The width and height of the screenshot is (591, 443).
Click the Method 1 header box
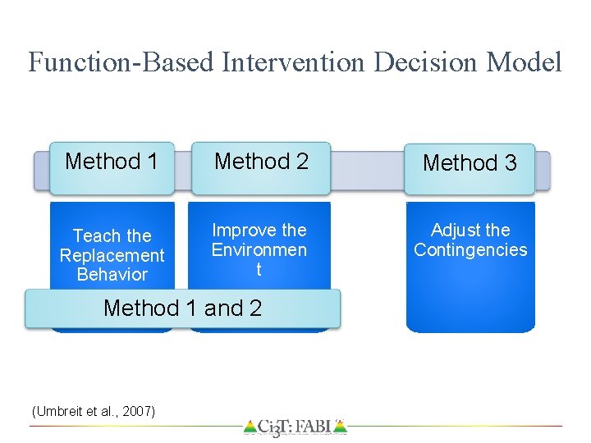(x=112, y=162)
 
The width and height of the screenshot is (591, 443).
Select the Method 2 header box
(x=261, y=162)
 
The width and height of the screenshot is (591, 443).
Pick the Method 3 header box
(x=470, y=163)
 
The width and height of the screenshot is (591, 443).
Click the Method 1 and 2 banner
(x=182, y=308)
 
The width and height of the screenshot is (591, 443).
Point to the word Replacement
(x=112, y=255)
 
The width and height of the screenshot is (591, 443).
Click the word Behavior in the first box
(x=112, y=275)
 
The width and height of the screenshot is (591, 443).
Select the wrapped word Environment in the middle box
(x=259, y=250)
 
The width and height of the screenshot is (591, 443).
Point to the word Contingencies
(x=470, y=250)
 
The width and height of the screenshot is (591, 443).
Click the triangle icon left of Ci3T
(x=250, y=427)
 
